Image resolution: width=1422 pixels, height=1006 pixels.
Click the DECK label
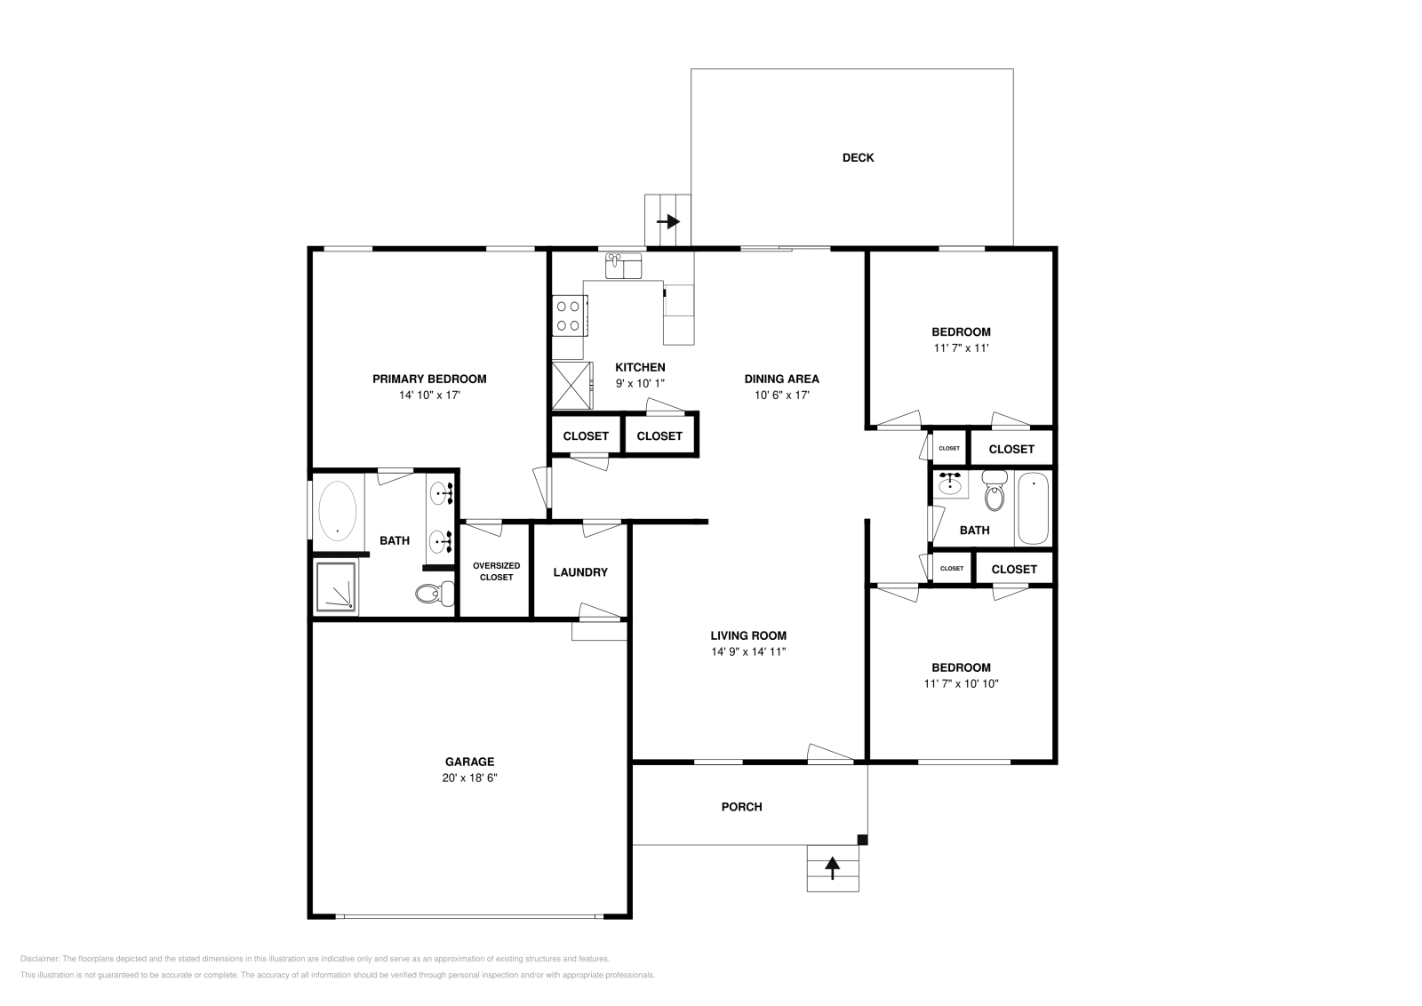point(858,157)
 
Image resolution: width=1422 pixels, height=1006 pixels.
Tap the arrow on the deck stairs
point(667,221)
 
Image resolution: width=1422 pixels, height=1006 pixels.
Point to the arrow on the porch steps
point(832,867)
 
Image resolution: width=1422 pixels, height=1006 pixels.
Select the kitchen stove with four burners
point(569,315)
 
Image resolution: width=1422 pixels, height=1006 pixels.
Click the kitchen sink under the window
point(623,266)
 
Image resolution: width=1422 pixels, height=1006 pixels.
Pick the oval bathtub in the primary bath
point(337,511)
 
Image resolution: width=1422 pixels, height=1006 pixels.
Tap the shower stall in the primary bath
point(337,587)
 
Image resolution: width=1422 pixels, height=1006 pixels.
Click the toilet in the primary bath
point(435,594)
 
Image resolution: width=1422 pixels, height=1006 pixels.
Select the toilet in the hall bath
point(995,491)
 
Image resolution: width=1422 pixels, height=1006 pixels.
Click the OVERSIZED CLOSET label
point(496,571)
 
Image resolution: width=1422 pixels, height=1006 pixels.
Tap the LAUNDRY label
point(580,571)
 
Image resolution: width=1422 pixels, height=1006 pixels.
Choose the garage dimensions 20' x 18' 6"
point(470,778)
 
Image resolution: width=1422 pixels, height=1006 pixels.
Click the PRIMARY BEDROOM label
point(429,379)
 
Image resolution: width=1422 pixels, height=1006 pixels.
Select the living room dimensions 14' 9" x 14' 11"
point(748,651)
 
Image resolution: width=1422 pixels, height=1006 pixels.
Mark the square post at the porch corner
point(862,840)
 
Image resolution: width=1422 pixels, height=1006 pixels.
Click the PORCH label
point(741,807)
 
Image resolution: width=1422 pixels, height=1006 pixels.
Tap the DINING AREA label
point(781,379)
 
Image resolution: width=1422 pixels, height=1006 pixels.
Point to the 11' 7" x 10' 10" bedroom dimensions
point(961,683)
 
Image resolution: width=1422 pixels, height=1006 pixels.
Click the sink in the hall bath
point(950,485)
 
